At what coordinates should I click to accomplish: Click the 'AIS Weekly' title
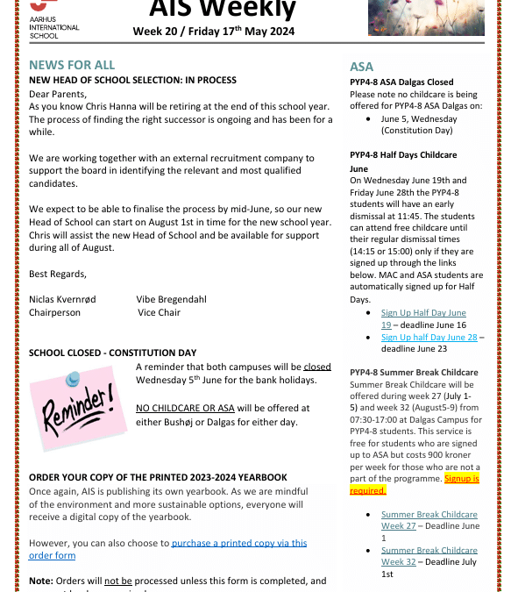coord(223,9)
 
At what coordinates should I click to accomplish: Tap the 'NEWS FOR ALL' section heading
coord(72,66)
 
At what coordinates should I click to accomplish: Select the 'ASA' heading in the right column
coord(361,67)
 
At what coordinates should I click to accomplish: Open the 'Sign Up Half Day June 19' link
coord(423,318)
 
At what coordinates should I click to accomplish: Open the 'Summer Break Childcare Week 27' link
coord(429,520)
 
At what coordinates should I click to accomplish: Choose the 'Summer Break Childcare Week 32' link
coord(429,556)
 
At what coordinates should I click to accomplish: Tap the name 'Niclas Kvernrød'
coord(63,299)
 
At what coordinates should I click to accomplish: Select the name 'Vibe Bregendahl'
coord(172,299)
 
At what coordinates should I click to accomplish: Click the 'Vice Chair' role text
coord(159,312)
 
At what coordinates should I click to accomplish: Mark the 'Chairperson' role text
coord(54,312)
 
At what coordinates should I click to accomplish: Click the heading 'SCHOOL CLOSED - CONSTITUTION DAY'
coord(113,353)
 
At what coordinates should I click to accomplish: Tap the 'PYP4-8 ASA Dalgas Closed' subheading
coord(401,82)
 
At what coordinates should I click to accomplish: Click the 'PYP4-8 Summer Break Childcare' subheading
coord(414,373)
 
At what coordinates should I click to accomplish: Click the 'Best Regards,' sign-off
coord(58,274)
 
